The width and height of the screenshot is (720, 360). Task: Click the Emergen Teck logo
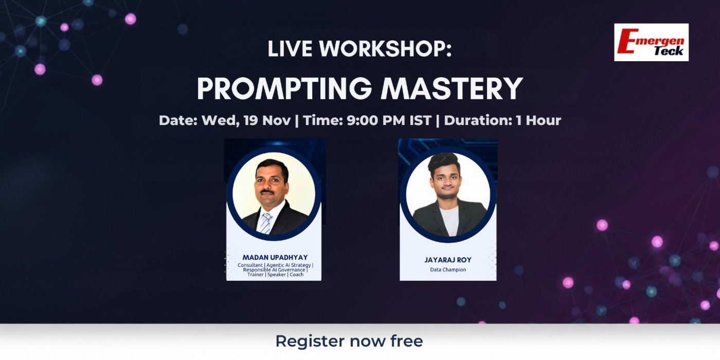point(651,42)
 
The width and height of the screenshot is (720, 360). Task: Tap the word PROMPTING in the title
point(284,88)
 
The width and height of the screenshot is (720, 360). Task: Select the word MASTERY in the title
point(452,88)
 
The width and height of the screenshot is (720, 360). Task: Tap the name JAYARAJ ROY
point(447,260)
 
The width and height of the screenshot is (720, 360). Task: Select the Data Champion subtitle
point(447,269)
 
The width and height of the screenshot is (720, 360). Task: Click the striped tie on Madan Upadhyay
point(265,222)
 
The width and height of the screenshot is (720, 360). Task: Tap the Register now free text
point(349,341)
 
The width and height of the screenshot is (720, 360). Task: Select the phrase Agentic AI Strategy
point(289,265)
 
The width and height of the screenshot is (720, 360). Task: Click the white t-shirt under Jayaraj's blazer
point(448,221)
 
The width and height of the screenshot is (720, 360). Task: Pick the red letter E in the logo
point(627,41)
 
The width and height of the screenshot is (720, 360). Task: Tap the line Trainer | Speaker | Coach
point(275,275)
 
